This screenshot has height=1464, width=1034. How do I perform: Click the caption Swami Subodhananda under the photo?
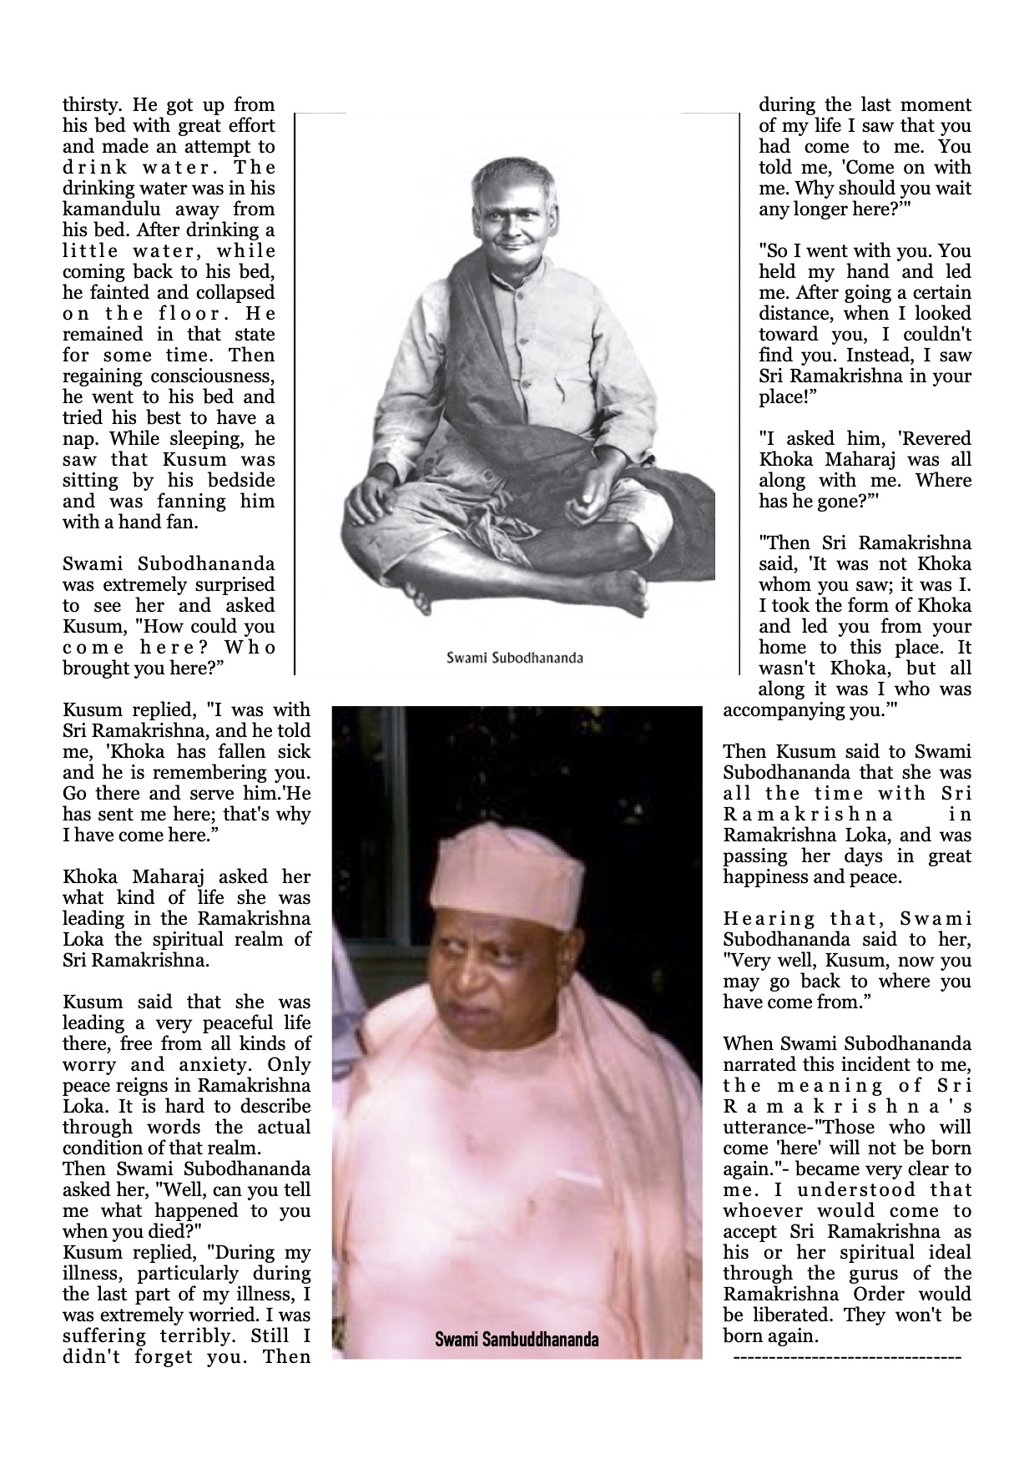coord(514,658)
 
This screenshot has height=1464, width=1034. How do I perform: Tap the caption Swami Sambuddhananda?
coord(517,1340)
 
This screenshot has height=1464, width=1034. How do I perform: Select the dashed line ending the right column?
coord(846,1359)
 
